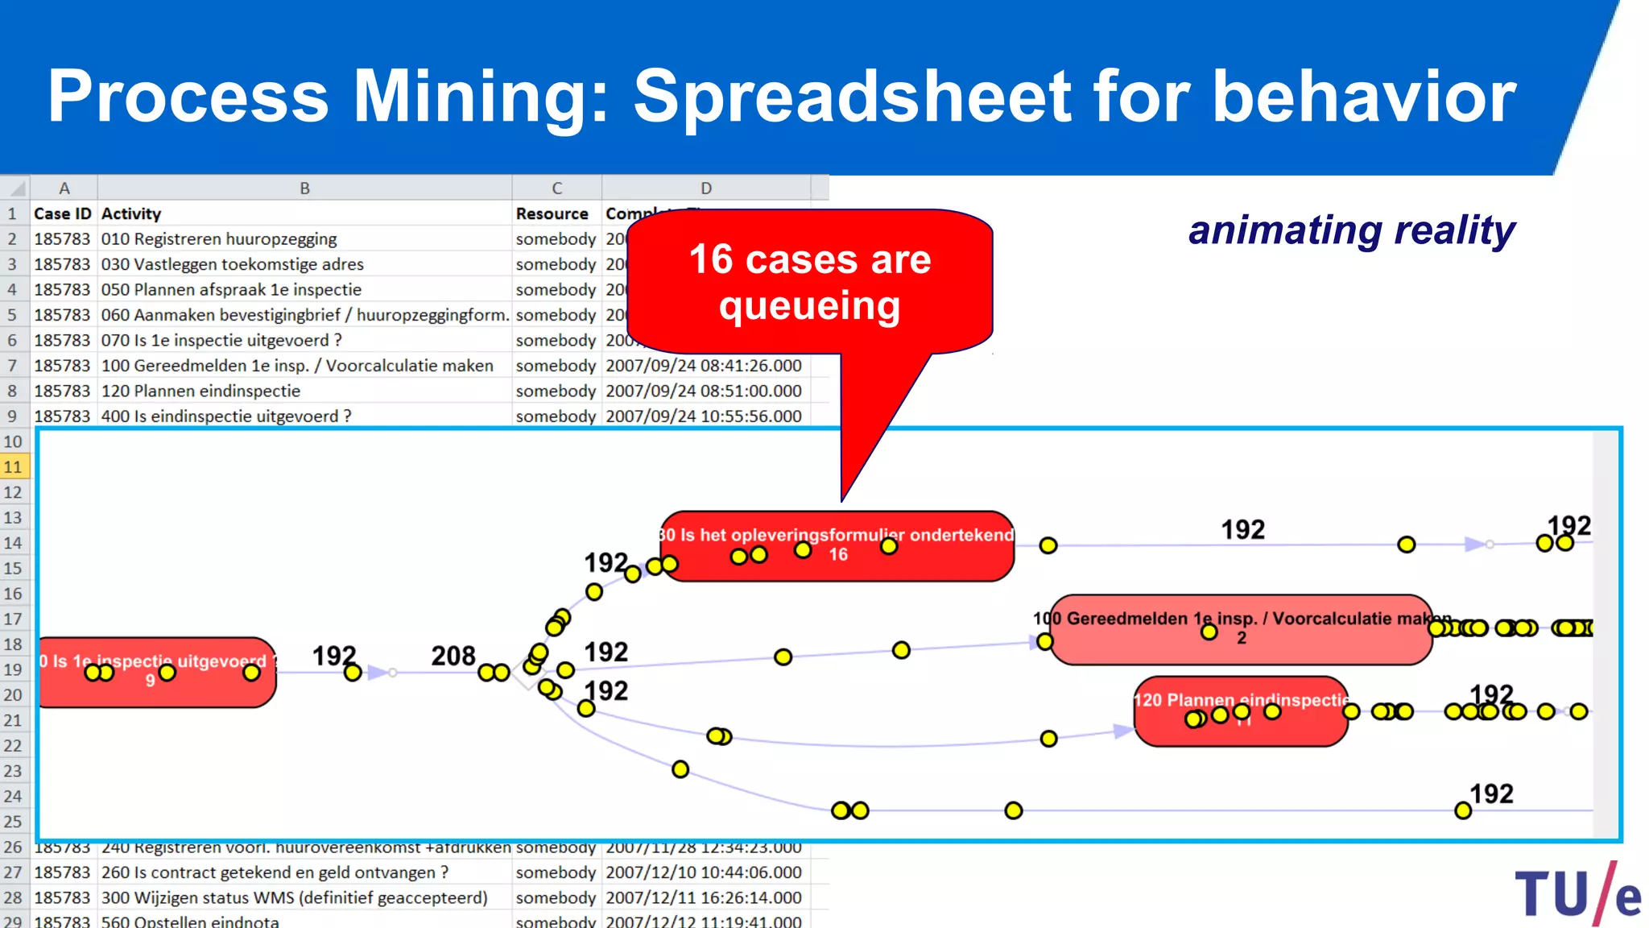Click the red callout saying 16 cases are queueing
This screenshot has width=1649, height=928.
[809, 282]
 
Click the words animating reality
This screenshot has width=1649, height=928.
[1352, 231]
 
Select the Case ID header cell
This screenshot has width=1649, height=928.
[63, 213]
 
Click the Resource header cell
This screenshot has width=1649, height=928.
[553, 213]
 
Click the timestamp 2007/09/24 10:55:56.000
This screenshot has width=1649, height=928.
[704, 416]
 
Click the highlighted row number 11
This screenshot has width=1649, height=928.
[14, 467]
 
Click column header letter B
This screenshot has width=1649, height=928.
[304, 188]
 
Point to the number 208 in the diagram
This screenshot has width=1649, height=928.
[453, 656]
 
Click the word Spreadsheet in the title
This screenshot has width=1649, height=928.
[853, 97]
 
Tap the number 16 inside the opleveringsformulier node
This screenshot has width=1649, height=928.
[838, 554]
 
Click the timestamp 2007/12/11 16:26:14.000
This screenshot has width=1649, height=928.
[704, 897]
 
